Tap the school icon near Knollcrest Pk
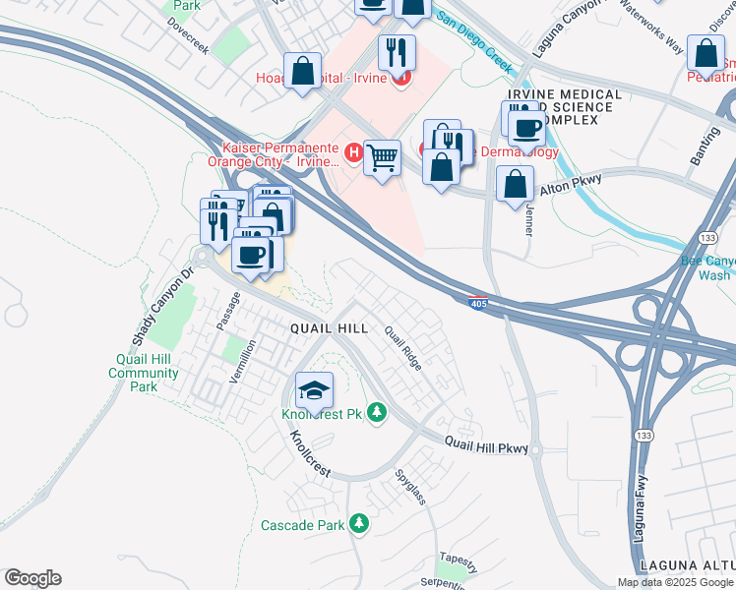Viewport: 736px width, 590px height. (x=315, y=391)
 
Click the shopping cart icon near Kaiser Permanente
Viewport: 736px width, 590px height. (x=382, y=157)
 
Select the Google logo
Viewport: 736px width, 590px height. (x=32, y=578)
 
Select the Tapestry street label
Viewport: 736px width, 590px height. (x=459, y=561)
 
